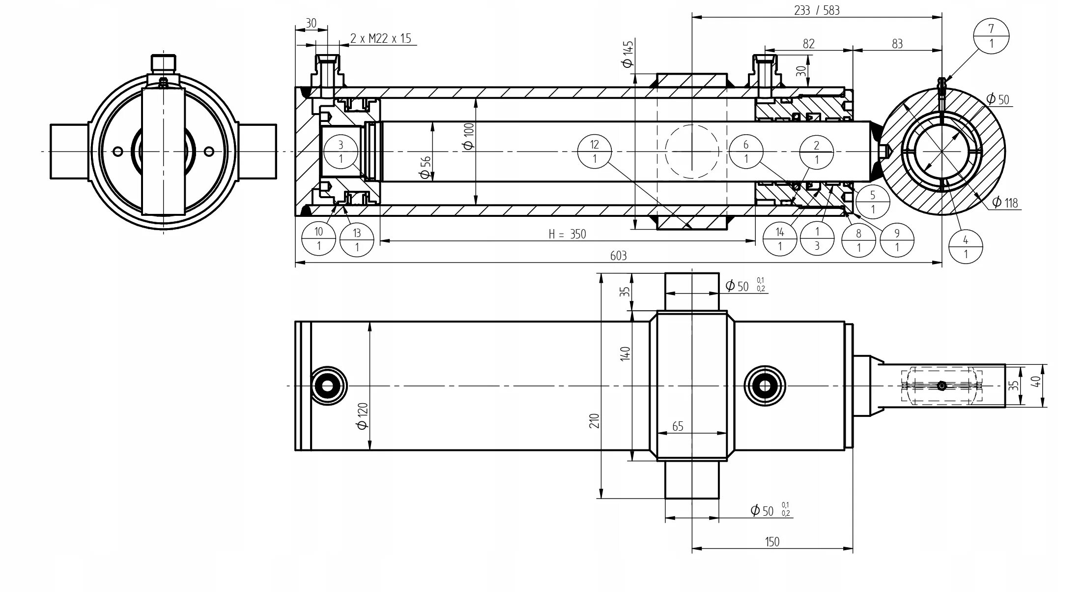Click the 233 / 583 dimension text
tap(817, 10)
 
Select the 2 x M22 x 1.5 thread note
tap(381, 38)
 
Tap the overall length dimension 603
tap(618, 256)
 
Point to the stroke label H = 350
tap(567, 234)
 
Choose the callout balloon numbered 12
tap(595, 151)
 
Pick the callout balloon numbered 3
tap(341, 151)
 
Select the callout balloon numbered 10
tap(318, 238)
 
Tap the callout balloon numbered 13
tap(357, 240)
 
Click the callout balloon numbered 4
tap(965, 247)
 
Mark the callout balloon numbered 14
tap(780, 238)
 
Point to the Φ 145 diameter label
tap(627, 54)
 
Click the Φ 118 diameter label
tap(1004, 202)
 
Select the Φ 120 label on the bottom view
tap(363, 416)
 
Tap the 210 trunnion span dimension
tap(595, 420)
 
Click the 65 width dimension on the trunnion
tap(678, 426)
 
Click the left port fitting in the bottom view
tap(328, 386)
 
